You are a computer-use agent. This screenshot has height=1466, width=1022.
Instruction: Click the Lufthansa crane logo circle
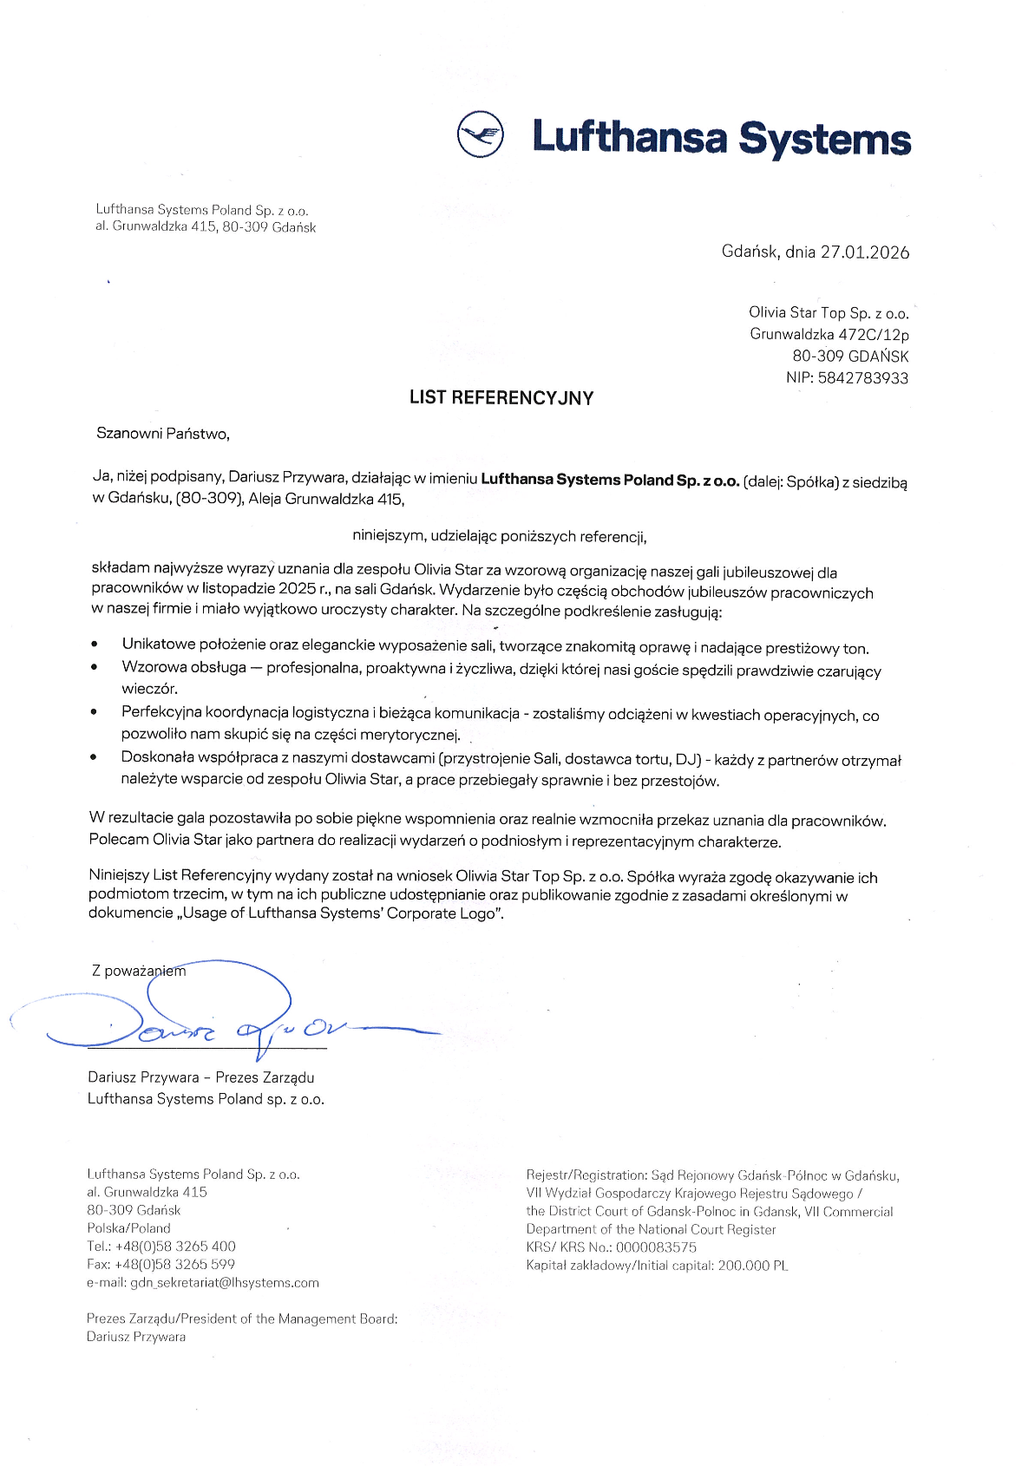tap(480, 134)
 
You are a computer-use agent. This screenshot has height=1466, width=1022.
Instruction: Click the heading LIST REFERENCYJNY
tap(501, 398)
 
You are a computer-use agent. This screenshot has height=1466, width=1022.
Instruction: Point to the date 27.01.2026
tap(865, 252)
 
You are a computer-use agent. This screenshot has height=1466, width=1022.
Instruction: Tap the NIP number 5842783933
tap(862, 378)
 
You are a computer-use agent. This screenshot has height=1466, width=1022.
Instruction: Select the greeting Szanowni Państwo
tap(163, 434)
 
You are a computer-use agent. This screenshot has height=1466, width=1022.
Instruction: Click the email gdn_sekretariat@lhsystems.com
tap(225, 1282)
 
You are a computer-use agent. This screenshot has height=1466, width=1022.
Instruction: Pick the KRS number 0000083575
tap(656, 1247)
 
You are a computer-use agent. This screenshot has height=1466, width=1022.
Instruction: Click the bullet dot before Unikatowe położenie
tap(94, 645)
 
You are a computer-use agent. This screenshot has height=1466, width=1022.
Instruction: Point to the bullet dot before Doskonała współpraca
tap(94, 757)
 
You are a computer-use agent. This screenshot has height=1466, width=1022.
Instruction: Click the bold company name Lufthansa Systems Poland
tap(610, 480)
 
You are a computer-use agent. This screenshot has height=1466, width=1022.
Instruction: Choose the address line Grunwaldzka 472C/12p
tap(829, 334)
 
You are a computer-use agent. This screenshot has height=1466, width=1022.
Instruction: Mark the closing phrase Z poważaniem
tap(139, 971)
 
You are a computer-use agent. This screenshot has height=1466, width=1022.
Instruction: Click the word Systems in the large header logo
tap(824, 139)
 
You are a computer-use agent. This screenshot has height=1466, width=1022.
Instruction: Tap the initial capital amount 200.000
tap(744, 1266)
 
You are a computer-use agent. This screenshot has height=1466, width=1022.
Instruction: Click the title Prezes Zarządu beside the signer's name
tap(265, 1077)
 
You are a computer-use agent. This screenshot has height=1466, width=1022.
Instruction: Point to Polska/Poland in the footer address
tap(128, 1227)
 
